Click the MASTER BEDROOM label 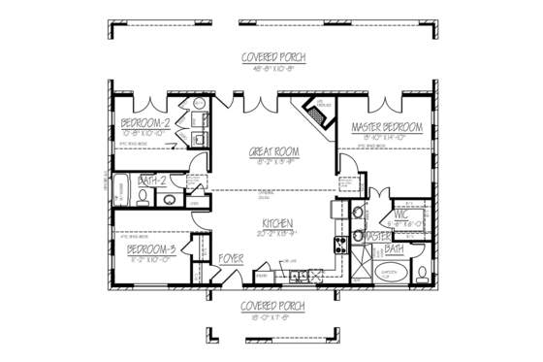click(386, 128)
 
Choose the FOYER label click(229, 259)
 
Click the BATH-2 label click(151, 181)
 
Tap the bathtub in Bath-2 click(121, 191)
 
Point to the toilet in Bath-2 click(144, 198)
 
